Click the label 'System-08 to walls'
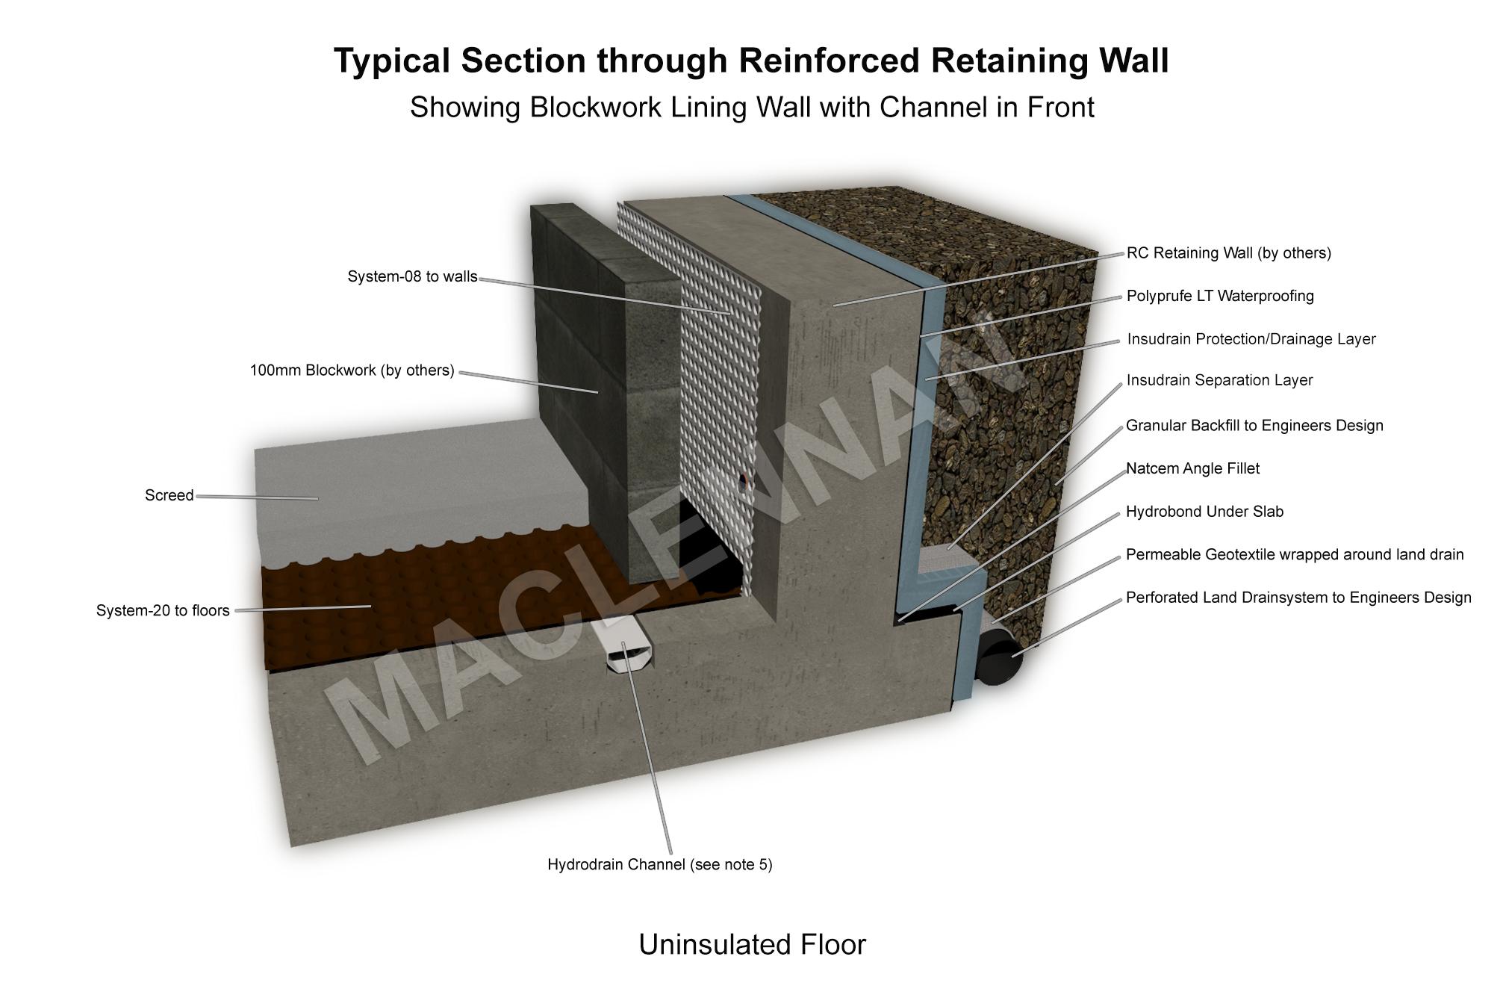pos(412,277)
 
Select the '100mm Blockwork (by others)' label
pos(352,370)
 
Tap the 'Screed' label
pos(169,496)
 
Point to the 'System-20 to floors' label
pos(163,611)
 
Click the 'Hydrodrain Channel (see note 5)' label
pos(660,865)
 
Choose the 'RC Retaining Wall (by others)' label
pos(1229,253)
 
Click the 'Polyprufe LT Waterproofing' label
pos(1220,296)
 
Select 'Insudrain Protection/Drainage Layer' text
pos(1251,339)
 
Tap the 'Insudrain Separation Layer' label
pos(1219,380)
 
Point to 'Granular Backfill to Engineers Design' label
pos(1254,426)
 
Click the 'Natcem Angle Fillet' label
pos(1192,468)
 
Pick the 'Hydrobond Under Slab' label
pos(1204,512)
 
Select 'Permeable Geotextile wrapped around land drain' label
pos(1295,555)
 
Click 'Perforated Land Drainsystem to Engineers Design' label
pos(1298,598)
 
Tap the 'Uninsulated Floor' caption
pos(752,945)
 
